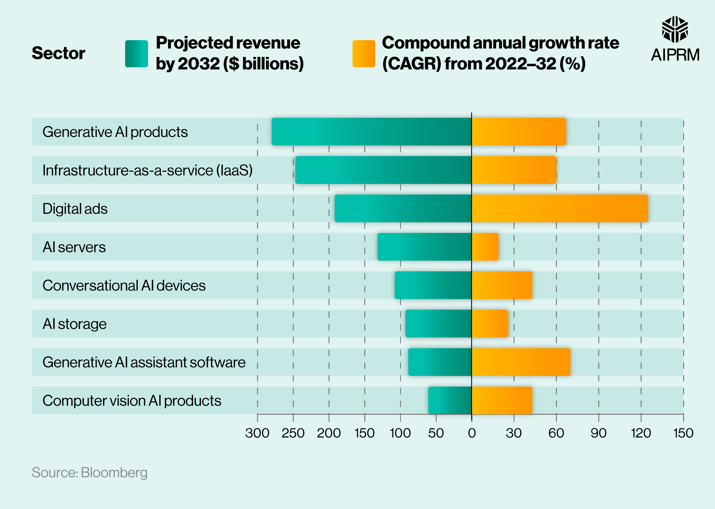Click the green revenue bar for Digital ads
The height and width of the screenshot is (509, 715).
pos(403,208)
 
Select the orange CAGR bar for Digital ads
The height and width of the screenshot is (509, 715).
pos(560,208)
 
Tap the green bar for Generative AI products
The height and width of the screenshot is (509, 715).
pos(371,132)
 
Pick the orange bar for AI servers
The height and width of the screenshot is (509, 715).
pos(485,247)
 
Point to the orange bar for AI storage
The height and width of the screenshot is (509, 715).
pos(490,324)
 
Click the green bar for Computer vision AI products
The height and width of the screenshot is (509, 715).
pos(450,400)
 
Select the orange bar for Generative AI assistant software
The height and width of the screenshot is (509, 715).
pos(521,362)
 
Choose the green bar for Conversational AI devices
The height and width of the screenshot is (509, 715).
pos(433,285)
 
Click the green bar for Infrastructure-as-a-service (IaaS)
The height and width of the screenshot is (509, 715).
pos(383,170)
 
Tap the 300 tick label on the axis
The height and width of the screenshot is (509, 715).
pos(257,433)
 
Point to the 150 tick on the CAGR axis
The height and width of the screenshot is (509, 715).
pos(683,433)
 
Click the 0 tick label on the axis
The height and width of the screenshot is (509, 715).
pos(472,433)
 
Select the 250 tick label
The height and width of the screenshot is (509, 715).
pos(293,433)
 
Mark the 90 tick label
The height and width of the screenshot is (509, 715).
pos(598,433)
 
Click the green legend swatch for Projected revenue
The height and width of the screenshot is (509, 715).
pos(137,54)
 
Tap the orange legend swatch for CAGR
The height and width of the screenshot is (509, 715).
pos(364,54)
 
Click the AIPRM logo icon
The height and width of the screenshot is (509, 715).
pos(675,29)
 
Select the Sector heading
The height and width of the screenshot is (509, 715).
pos(58,53)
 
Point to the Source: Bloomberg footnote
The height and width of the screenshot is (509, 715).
pos(89,472)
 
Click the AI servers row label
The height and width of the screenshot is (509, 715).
pos(74,247)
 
